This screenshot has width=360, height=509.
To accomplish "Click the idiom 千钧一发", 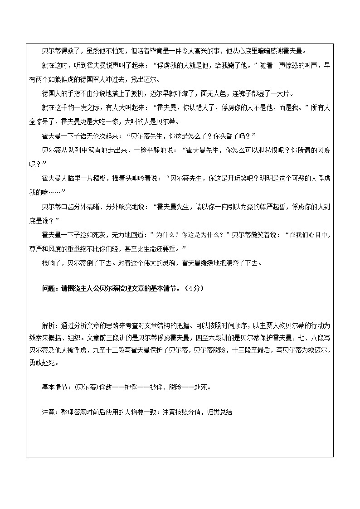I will click(68, 109).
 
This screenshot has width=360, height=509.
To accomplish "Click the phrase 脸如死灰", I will click(89, 235).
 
